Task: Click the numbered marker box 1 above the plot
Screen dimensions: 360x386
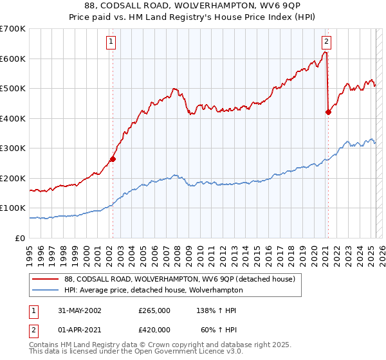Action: (111, 42)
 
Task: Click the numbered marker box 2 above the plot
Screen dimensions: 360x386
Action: (327, 42)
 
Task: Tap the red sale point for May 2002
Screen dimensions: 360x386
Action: (113, 159)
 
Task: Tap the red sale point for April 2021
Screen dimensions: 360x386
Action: (328, 112)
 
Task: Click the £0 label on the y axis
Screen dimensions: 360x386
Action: (21, 238)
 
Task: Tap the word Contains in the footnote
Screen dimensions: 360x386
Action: (43, 345)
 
